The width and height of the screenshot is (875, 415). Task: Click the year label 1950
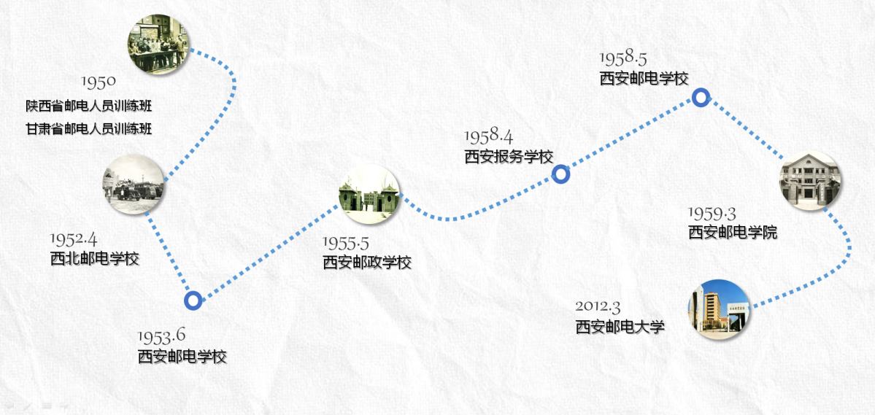click(x=98, y=81)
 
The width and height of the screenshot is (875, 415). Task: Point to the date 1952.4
click(x=74, y=239)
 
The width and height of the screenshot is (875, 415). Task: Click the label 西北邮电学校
click(x=94, y=258)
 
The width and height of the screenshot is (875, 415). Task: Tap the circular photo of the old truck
click(x=134, y=185)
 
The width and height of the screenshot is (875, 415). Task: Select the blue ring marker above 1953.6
click(x=193, y=300)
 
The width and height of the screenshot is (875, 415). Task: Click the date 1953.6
click(x=161, y=336)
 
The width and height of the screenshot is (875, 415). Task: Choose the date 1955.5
click(x=347, y=243)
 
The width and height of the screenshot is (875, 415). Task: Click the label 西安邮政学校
click(x=367, y=262)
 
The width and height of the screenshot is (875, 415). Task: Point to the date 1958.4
click(x=488, y=136)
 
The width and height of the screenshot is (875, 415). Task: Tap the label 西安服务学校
click(x=509, y=156)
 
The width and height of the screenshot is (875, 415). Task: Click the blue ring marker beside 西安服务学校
click(x=560, y=174)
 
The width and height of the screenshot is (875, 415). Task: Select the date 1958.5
click(x=623, y=58)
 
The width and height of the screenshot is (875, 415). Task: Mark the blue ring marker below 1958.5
click(x=701, y=97)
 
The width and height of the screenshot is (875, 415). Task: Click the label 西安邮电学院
click(x=733, y=233)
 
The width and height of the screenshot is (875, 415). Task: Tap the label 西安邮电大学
click(x=620, y=327)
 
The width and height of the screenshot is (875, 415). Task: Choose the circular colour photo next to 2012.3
click(x=719, y=309)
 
